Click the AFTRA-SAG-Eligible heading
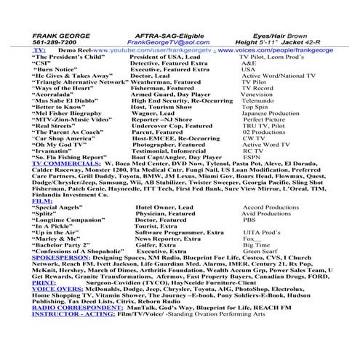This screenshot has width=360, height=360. (x=167, y=34)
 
